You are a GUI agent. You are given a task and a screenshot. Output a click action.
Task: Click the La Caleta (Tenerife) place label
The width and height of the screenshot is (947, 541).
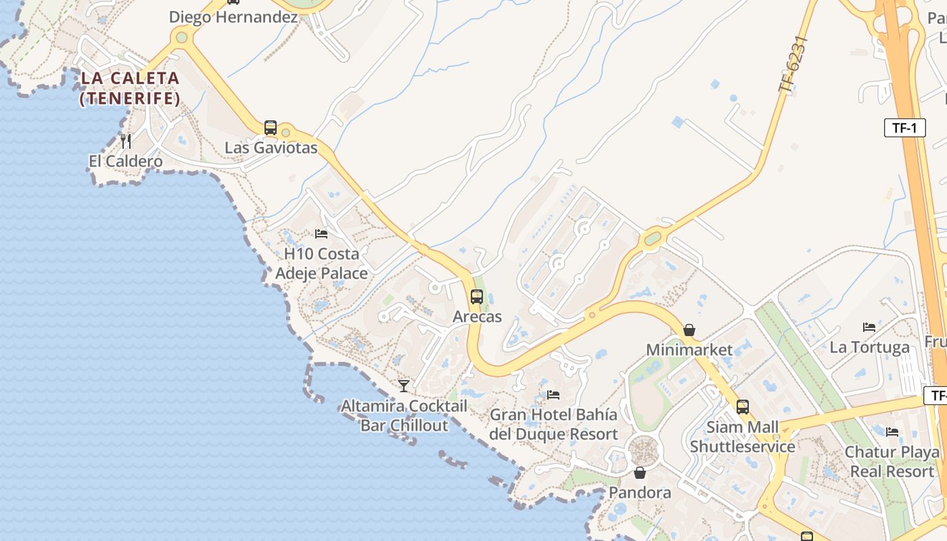click(x=130, y=88)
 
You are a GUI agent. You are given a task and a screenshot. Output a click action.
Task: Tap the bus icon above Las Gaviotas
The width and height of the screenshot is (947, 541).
click(x=271, y=127)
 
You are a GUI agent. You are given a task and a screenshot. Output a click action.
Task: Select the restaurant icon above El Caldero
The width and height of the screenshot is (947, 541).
click(x=126, y=141)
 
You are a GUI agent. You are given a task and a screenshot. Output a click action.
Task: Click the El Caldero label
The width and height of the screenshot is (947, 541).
click(x=126, y=161)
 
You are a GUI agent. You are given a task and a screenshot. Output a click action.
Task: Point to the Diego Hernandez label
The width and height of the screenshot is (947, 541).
click(x=233, y=17)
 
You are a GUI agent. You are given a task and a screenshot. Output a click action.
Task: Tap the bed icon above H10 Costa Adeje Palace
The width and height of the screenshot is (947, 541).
click(x=321, y=234)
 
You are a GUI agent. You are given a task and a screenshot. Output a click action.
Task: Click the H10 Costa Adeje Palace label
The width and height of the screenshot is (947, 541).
click(x=321, y=264)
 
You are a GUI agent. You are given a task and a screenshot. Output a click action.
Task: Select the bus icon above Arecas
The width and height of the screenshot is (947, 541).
click(x=477, y=296)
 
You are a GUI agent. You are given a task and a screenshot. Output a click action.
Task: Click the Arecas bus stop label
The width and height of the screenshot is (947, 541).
click(x=477, y=316)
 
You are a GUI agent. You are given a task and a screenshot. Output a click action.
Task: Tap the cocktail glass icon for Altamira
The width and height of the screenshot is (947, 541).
click(x=404, y=385)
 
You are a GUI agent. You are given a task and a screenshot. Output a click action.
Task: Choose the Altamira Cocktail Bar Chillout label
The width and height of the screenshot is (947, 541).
click(x=404, y=415)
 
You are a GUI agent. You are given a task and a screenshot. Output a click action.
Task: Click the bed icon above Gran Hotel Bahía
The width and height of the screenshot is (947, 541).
click(x=553, y=394)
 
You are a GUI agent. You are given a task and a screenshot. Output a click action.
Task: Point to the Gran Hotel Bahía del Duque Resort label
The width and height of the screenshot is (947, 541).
click(x=553, y=424)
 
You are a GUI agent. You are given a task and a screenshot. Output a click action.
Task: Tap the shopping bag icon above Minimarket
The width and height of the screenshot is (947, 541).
click(x=689, y=330)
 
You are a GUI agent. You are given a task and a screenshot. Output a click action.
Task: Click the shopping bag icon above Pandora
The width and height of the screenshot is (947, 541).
click(x=640, y=472)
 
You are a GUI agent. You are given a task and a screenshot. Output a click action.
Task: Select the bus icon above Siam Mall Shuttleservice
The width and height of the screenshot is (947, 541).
click(x=743, y=406)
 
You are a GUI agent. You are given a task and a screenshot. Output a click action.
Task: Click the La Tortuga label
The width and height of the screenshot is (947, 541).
click(x=869, y=348)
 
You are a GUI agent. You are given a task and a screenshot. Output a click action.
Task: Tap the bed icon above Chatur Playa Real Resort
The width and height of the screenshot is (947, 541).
click(x=892, y=431)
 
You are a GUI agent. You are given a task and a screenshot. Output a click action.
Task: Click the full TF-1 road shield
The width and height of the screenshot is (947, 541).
click(x=904, y=128)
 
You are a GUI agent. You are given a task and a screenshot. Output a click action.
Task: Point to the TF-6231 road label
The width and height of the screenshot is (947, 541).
click(x=793, y=64)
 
